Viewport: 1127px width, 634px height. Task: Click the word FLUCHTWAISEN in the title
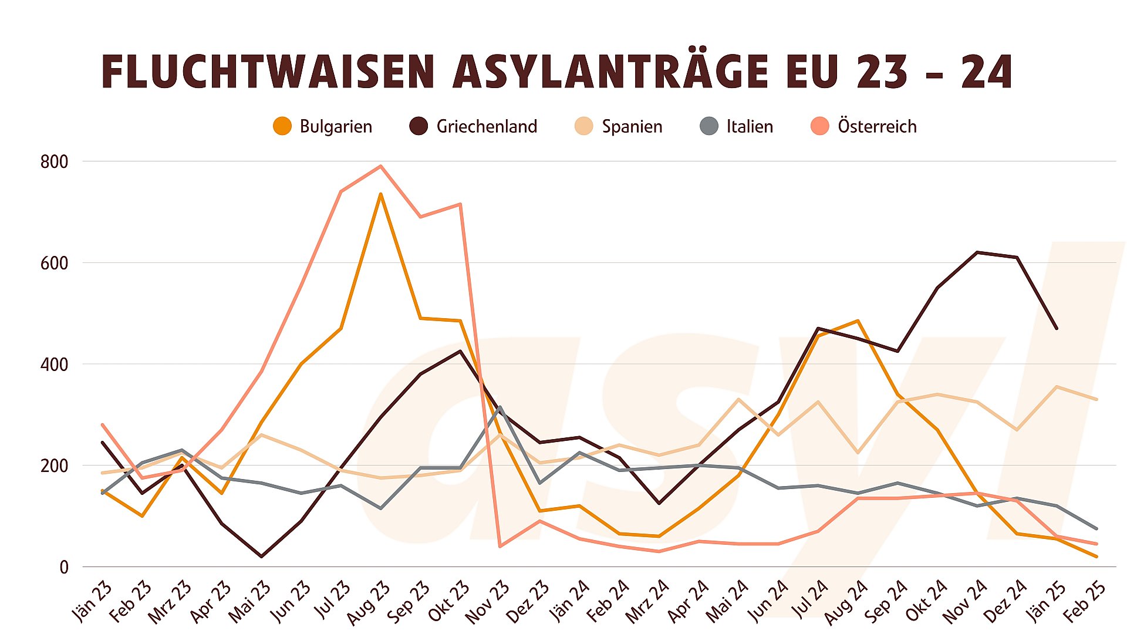click(x=268, y=72)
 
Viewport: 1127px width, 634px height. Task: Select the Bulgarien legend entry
click(x=323, y=126)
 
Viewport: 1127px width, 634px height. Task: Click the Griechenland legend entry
click(x=473, y=126)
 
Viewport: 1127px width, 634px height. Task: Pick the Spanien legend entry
click(x=619, y=126)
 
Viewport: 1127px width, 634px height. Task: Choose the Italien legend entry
click(x=737, y=126)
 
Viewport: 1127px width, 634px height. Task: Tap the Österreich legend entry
click(x=863, y=126)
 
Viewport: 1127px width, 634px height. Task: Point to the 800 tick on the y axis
click(x=54, y=162)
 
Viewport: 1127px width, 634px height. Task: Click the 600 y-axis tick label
click(x=54, y=264)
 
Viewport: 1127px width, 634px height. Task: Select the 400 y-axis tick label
click(x=54, y=365)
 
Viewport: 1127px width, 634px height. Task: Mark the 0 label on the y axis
click(x=64, y=568)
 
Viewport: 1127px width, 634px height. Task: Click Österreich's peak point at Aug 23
click(x=381, y=166)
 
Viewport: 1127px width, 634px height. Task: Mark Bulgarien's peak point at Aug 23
click(x=381, y=194)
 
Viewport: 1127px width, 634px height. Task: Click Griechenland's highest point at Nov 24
click(x=977, y=252)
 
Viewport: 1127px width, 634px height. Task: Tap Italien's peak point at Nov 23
click(x=500, y=407)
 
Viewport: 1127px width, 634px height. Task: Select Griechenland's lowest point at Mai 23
click(x=261, y=556)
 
